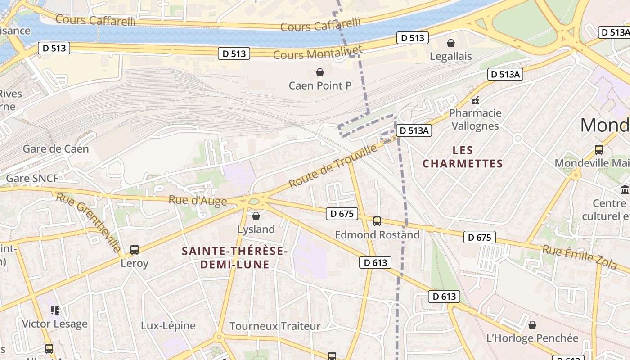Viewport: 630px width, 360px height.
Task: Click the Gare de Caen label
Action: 56,149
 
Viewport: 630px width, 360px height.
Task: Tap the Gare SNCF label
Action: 32,179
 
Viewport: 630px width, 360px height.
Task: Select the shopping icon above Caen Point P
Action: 320,72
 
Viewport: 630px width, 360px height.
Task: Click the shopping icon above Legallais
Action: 450,43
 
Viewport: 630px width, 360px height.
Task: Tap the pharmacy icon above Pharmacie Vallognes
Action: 475,100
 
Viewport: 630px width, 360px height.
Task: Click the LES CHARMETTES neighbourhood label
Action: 462,157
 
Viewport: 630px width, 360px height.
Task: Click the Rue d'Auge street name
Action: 198,200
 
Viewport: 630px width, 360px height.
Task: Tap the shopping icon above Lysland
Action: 256,216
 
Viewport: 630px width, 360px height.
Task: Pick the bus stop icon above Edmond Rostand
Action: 377,221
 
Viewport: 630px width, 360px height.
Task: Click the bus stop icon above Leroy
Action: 134,250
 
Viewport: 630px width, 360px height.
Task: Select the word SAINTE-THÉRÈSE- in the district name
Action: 234,251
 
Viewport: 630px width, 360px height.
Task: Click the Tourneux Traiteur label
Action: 275,326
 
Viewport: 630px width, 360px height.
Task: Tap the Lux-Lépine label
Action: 168,325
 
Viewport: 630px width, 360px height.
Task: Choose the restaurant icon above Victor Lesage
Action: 54,310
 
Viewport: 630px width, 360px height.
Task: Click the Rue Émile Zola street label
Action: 579,257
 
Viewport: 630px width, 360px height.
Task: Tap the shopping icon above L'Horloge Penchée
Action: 532,325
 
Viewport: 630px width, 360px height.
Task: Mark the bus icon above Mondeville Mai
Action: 598,150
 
